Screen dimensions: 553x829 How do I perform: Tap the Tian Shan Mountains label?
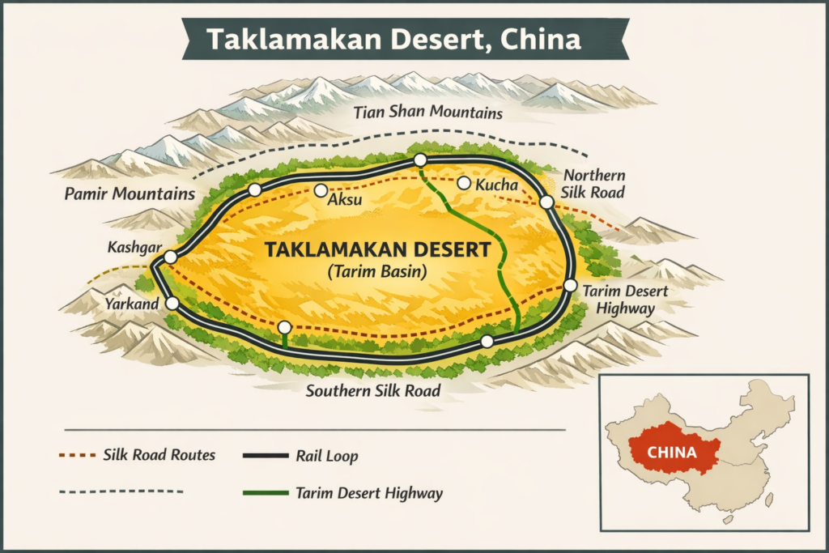(428, 113)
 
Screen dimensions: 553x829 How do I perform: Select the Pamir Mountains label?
(130, 194)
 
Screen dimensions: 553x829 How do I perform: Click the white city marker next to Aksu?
(321, 190)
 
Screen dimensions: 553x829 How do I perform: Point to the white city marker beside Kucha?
(464, 183)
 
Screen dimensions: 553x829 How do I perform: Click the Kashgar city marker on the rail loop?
(170, 257)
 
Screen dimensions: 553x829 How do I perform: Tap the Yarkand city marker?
(172, 303)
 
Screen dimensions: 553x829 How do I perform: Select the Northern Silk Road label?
(594, 185)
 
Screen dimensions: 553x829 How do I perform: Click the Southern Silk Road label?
(372, 391)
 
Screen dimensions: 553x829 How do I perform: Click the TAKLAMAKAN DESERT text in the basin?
(377, 250)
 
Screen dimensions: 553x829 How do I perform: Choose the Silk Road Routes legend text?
(159, 454)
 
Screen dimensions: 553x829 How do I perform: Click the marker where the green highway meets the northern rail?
(420, 161)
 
